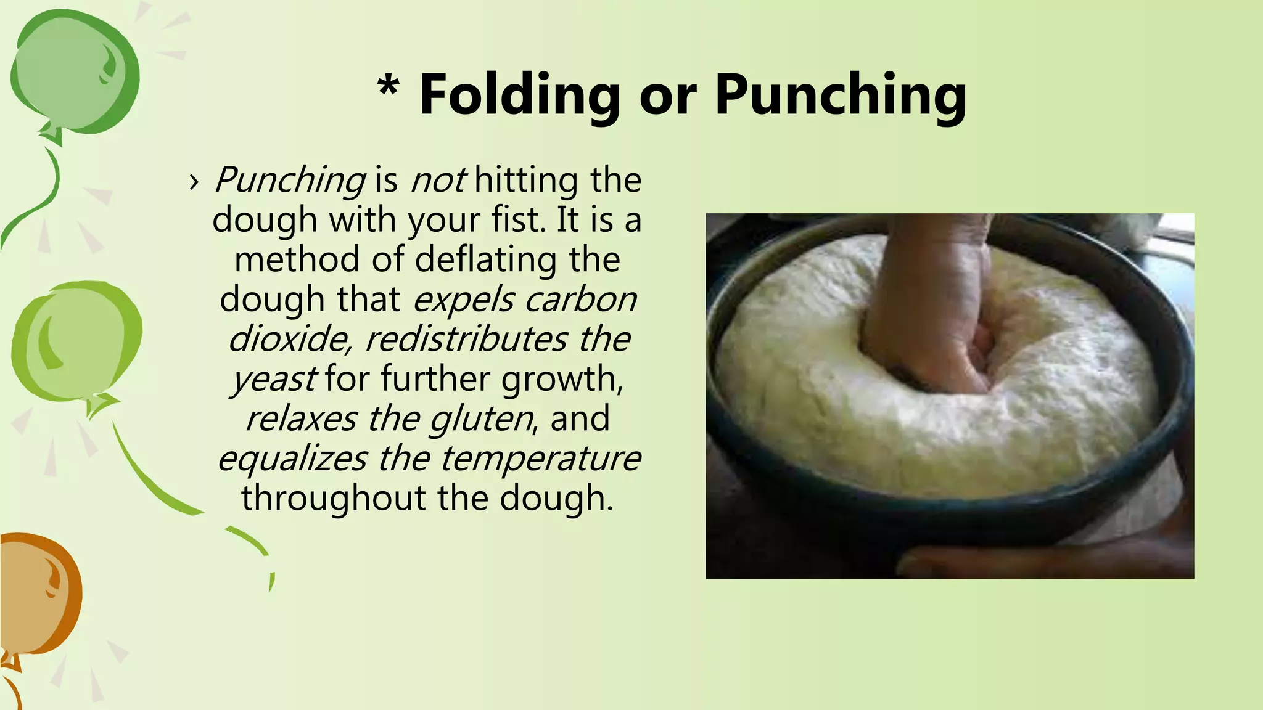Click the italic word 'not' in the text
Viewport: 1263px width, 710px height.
(x=438, y=180)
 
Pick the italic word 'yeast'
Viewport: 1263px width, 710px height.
(x=274, y=379)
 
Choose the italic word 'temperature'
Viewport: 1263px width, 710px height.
(x=540, y=459)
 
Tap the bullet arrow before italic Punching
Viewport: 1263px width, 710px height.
(x=194, y=181)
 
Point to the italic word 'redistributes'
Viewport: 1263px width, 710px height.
(x=466, y=339)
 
